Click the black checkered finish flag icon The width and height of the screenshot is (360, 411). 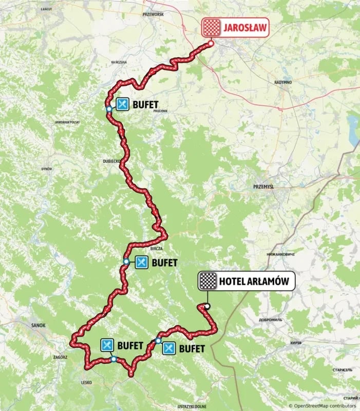208,281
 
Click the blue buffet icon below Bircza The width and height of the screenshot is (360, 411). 141,263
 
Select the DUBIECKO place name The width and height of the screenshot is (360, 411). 111,161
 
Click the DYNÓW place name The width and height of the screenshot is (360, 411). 47,169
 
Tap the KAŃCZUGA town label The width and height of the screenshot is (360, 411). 119,62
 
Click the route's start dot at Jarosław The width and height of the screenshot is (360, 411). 211,45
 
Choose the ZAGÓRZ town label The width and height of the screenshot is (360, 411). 60,357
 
